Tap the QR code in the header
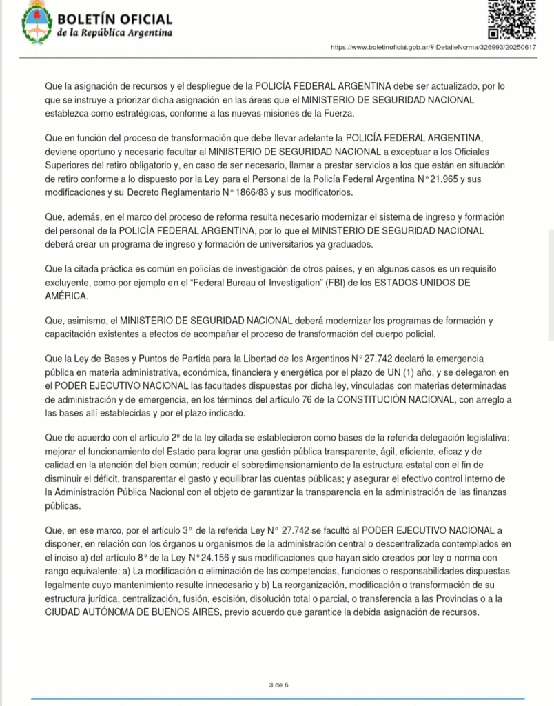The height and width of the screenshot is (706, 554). tap(511, 19)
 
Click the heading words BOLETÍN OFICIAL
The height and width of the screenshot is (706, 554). tap(115, 20)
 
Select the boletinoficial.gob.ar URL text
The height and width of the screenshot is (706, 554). tap(433, 48)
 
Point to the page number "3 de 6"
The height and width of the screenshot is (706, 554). tap(278, 685)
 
